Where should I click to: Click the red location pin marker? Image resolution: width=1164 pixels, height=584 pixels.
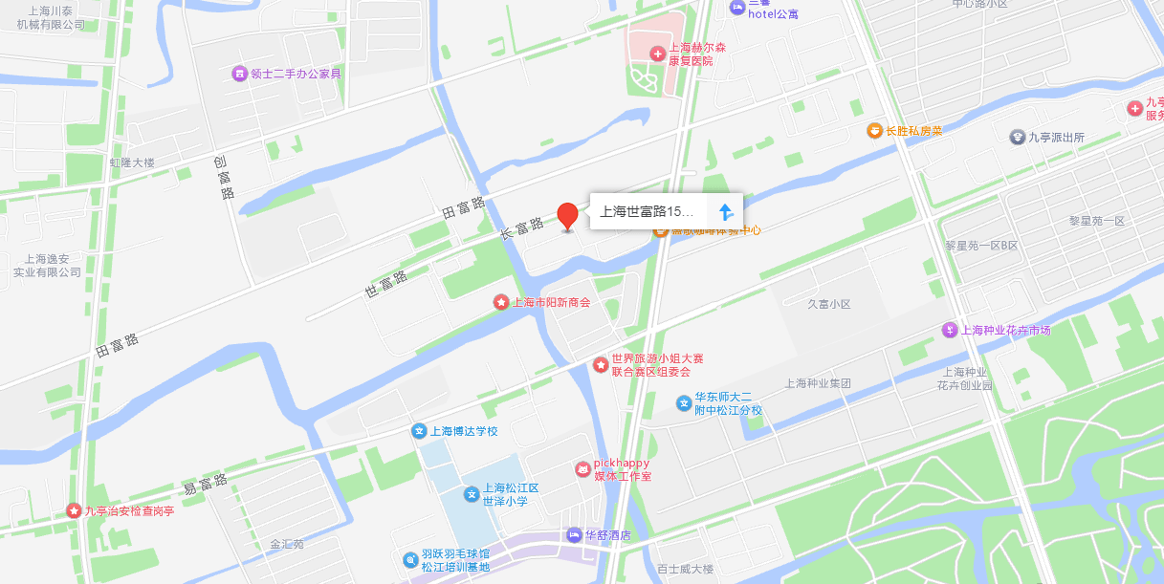tap(568, 216)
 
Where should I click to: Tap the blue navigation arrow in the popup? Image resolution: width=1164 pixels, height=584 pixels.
tap(725, 211)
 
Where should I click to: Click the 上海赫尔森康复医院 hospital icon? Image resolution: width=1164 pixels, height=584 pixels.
tap(657, 54)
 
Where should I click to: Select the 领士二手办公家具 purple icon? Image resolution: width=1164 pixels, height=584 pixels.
tap(239, 74)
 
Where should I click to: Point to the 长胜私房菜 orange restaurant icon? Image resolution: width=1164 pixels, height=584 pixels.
tap(874, 130)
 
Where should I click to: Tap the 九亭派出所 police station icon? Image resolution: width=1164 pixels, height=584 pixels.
tap(1017, 137)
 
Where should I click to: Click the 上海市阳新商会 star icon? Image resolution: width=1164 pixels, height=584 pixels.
tap(500, 302)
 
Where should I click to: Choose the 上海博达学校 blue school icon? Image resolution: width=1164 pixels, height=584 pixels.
tap(419, 431)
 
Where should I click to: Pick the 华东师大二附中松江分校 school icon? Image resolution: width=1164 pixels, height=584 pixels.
tap(684, 403)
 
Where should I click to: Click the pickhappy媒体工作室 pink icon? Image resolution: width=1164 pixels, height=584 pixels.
tap(582, 469)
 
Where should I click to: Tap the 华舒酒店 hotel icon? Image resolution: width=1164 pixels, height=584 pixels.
tap(574, 534)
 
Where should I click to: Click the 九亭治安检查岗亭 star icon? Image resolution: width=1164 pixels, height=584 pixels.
tap(74, 511)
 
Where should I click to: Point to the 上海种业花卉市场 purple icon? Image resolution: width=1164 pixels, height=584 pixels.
tap(949, 330)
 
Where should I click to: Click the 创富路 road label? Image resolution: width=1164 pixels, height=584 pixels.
tap(224, 178)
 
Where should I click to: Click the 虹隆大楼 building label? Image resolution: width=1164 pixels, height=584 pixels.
tap(132, 162)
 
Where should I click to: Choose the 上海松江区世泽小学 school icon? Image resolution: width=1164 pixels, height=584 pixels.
tap(472, 494)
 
